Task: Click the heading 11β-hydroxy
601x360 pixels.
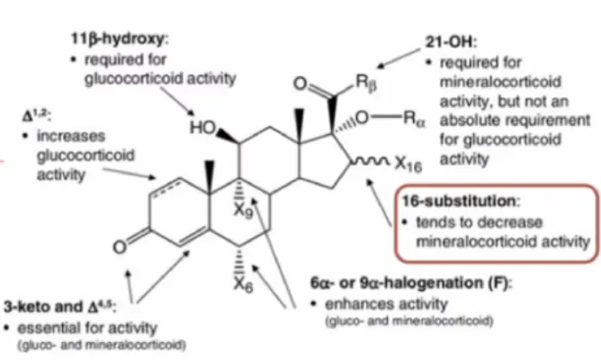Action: [x=119, y=40]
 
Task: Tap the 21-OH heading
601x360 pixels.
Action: [x=451, y=41]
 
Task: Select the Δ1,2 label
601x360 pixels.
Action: [x=37, y=115]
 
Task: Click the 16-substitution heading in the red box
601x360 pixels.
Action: [x=461, y=201]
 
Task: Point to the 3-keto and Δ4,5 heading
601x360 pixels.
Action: [x=60, y=307]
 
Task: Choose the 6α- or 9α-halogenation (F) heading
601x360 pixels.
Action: [x=411, y=283]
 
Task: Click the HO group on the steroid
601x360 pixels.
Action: [x=203, y=128]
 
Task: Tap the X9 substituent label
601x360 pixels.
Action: [x=244, y=210]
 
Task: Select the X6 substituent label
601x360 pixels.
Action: [x=244, y=285]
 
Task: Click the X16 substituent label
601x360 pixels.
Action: [x=408, y=164]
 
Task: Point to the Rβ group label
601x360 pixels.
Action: [x=366, y=83]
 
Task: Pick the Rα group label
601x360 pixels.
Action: [x=415, y=119]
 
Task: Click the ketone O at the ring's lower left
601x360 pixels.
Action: [x=120, y=247]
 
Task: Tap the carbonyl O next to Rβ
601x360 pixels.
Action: [x=300, y=83]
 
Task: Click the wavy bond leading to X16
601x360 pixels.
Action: [x=371, y=162]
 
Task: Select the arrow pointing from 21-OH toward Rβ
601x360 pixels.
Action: [x=399, y=58]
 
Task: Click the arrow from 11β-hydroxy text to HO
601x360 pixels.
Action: [x=177, y=102]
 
